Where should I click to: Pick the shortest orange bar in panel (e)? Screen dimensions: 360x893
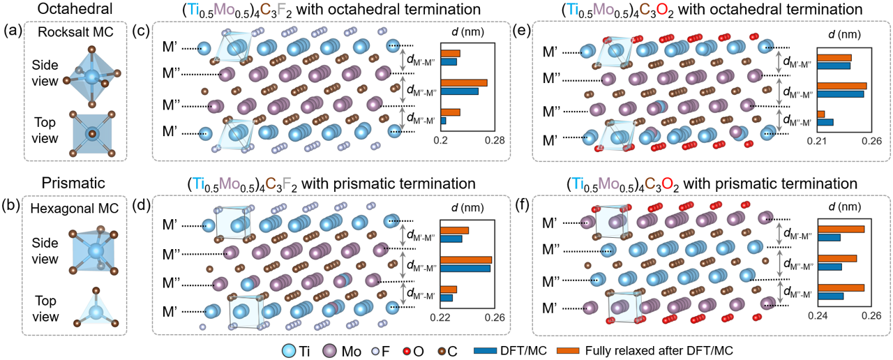(x=820, y=114)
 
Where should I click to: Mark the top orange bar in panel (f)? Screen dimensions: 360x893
(x=841, y=230)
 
